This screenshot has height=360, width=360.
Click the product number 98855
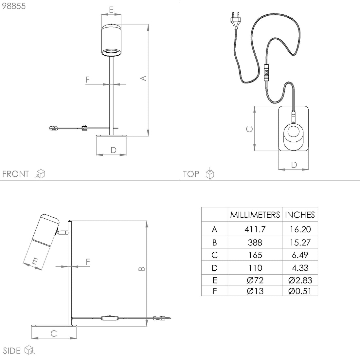pyautogui.click(x=14, y=6)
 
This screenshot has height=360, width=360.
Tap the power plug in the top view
pyautogui.click(x=235, y=21)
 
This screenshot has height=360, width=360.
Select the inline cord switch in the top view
pyautogui.click(x=266, y=73)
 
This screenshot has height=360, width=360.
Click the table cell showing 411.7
pyautogui.click(x=255, y=229)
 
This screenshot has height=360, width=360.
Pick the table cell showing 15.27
pyautogui.click(x=300, y=243)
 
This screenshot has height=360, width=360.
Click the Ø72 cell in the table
pyautogui.click(x=255, y=280)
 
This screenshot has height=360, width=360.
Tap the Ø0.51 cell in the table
pyautogui.click(x=300, y=291)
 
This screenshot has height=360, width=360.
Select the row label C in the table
pyautogui.click(x=215, y=255)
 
